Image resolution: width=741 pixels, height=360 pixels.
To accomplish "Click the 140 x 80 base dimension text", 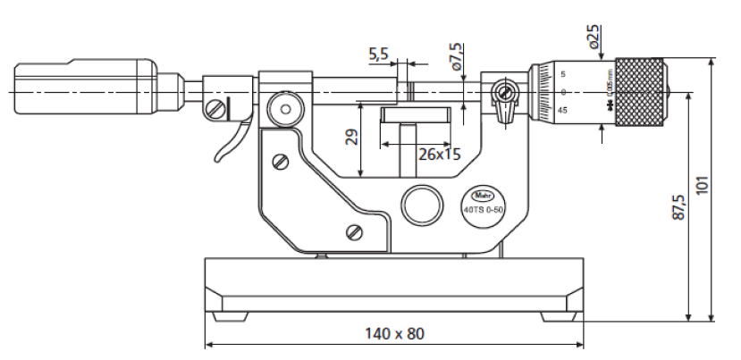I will point(394,333).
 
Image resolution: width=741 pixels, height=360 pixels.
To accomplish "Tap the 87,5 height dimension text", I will point(678,205).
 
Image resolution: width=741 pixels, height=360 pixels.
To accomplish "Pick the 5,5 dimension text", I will point(379,54).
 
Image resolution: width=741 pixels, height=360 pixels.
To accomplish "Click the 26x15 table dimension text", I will point(439,154).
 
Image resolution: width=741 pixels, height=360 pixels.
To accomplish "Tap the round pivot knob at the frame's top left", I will point(285,110).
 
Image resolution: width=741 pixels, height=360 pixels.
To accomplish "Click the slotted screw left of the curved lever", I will point(215,110).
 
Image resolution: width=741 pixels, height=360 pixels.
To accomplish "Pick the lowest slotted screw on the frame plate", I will point(353,233).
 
